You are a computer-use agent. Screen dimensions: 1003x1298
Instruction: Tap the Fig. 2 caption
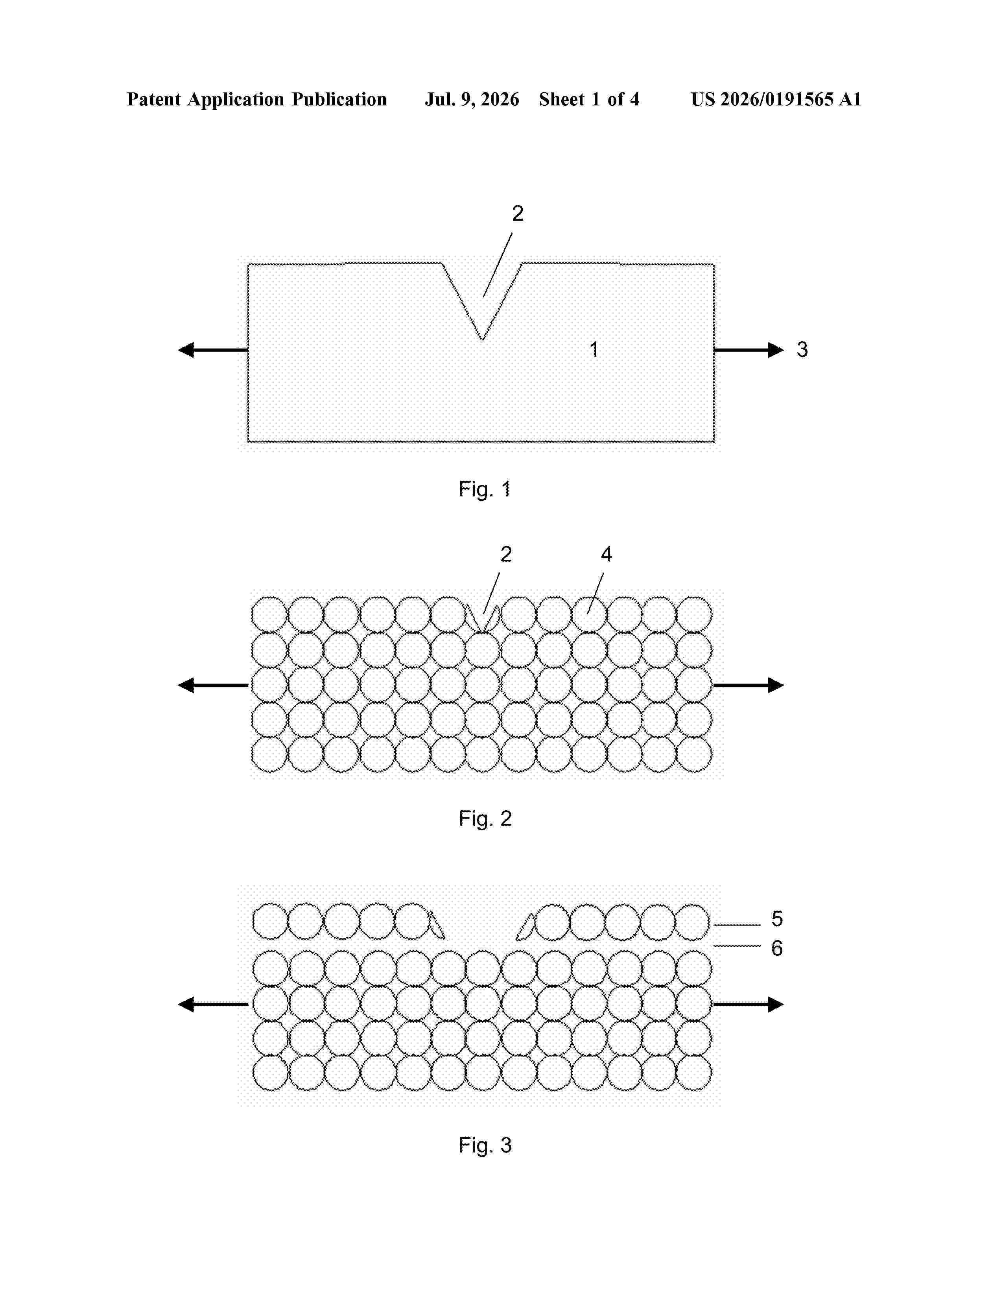point(485,819)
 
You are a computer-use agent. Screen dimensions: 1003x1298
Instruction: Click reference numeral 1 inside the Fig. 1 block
point(594,349)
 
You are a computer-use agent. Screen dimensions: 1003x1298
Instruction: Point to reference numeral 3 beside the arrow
point(802,349)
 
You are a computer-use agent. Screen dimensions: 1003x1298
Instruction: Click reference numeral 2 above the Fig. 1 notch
point(518,213)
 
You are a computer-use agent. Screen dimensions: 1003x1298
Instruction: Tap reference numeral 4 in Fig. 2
point(606,555)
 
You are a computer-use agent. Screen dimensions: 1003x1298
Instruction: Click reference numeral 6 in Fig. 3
point(776,948)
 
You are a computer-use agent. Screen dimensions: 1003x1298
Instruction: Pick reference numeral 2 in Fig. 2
point(506,555)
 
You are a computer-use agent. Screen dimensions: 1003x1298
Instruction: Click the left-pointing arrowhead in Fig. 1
point(186,350)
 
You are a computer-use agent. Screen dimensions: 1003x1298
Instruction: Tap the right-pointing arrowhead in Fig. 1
point(776,350)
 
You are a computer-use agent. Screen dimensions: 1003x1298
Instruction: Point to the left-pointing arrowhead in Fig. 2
point(186,685)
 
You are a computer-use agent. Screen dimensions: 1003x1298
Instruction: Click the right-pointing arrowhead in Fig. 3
point(776,1005)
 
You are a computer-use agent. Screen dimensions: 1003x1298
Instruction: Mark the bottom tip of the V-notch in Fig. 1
point(482,340)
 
